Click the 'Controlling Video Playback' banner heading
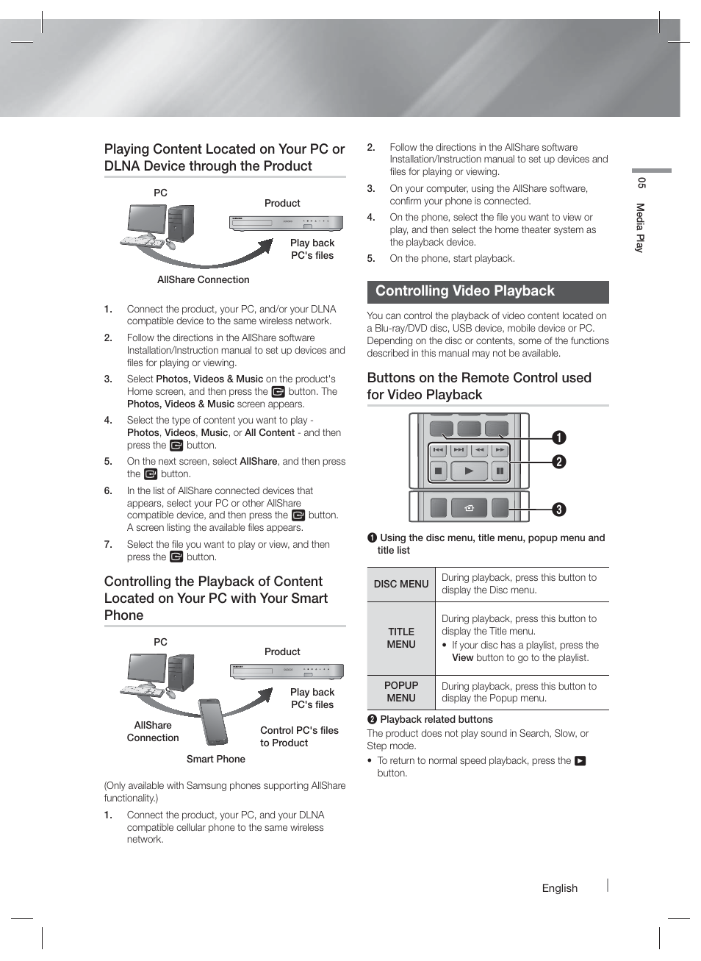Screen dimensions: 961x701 point(464,291)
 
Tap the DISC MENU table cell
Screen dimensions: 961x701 point(401,584)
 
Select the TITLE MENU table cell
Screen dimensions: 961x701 point(401,638)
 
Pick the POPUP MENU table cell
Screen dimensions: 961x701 point(401,692)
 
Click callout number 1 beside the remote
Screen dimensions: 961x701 point(559,438)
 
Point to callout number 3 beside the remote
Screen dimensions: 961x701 point(559,510)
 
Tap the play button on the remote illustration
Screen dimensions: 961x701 point(469,471)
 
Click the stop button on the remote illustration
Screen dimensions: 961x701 point(438,471)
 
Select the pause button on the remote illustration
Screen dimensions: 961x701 point(500,471)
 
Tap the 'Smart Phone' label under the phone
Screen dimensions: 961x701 point(215,759)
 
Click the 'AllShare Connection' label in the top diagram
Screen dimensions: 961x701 point(203,279)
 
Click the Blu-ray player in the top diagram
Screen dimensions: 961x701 point(286,223)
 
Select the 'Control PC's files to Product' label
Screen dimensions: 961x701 point(299,737)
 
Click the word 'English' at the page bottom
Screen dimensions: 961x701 point(559,888)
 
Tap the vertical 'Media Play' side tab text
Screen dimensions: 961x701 point(640,228)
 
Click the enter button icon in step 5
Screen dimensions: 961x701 point(151,474)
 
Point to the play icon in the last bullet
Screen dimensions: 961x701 point(580,761)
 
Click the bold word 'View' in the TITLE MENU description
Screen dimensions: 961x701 point(462,658)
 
